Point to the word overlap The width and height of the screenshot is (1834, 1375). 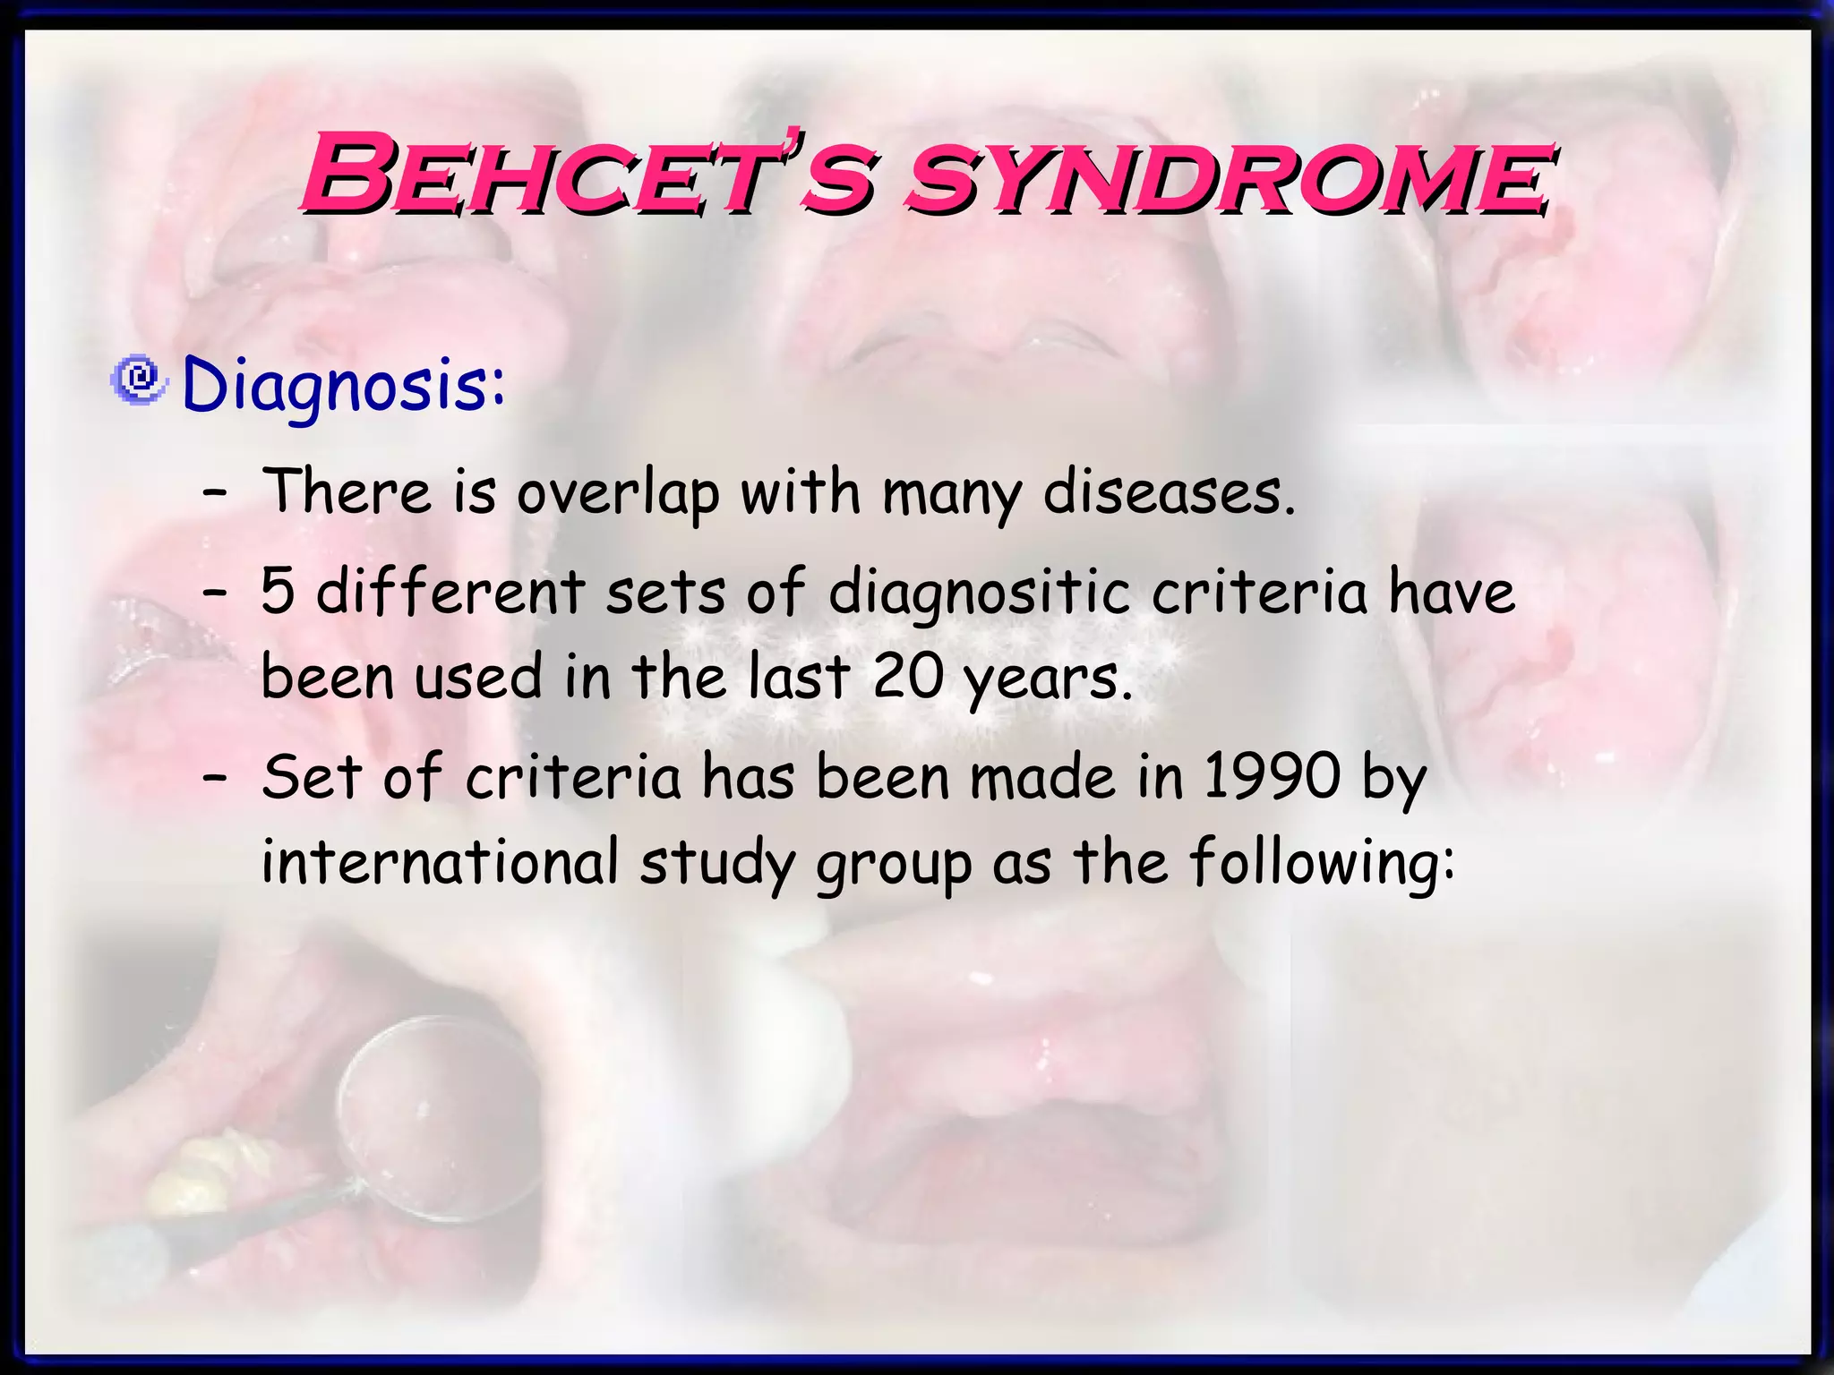(618, 494)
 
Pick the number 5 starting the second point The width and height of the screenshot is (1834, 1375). (278, 592)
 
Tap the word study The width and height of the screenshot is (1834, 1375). (716, 864)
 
